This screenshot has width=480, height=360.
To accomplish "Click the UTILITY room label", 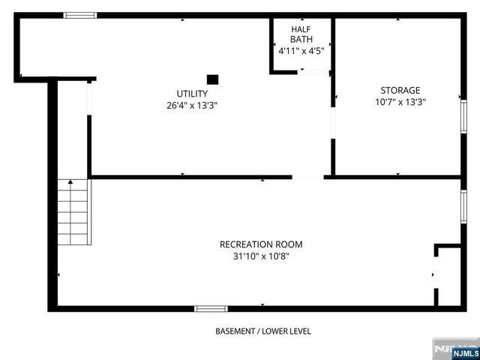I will tap(192, 93).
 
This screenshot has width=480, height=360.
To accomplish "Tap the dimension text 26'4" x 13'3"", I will tap(192, 106).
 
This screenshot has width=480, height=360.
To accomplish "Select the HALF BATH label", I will tap(301, 34).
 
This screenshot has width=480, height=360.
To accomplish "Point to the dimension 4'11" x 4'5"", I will tap(301, 52).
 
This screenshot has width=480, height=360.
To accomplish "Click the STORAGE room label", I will tap(400, 90).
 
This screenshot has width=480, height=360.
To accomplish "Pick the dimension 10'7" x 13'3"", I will tap(400, 103).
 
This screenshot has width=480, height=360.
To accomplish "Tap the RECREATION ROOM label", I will tap(261, 244).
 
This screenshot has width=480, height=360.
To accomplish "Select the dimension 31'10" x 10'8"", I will tap(261, 256).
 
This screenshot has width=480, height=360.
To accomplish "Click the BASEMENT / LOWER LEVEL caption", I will tap(262, 331).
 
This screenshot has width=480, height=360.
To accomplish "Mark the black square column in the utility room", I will tap(212, 79).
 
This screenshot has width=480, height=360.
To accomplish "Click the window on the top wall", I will tap(79, 15).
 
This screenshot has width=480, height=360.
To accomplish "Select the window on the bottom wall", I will tap(211, 307).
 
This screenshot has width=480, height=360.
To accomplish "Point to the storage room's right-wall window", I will tap(463, 117).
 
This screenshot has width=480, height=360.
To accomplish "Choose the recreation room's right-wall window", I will tap(463, 206).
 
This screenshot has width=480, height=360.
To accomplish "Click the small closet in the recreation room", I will tap(448, 275).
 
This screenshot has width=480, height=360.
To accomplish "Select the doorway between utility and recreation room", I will tap(307, 177).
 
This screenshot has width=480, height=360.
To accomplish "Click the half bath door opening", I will tap(314, 72).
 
